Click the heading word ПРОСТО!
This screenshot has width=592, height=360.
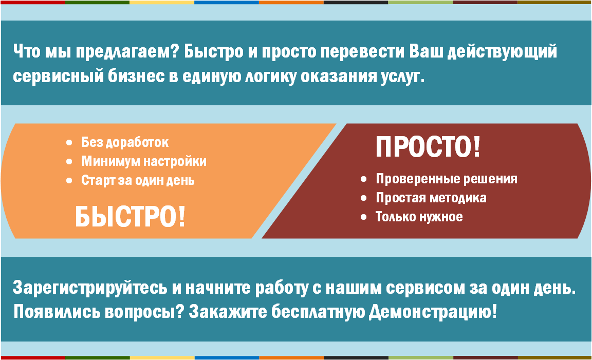[428, 147]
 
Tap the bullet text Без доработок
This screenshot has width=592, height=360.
[125, 143]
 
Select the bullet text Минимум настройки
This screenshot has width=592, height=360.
[144, 161]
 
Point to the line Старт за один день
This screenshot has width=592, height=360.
[138, 180]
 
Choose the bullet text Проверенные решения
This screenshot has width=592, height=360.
[447, 179]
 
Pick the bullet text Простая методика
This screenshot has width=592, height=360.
[431, 198]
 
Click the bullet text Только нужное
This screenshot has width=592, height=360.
[419, 217]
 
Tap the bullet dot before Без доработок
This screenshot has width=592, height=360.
[69, 143]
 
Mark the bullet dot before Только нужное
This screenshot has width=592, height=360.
[364, 217]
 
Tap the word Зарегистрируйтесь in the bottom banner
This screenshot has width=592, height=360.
[90, 288]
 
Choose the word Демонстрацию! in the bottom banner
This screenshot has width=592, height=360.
[433, 312]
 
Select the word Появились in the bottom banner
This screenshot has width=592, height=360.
[57, 312]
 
